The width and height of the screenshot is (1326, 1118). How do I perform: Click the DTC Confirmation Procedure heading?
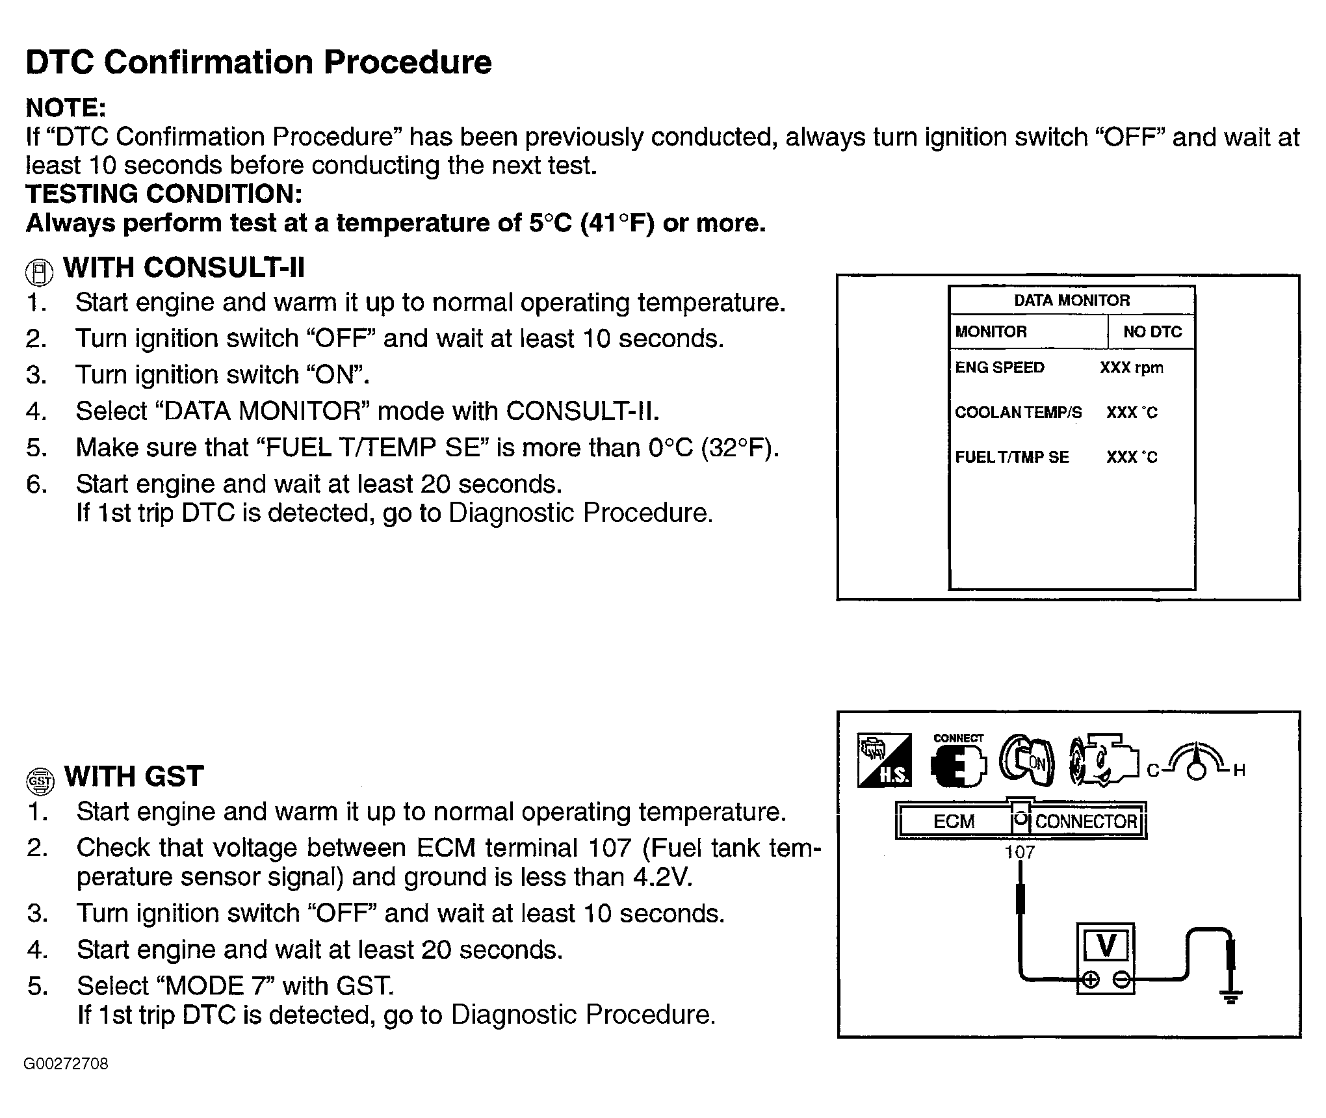[x=258, y=62]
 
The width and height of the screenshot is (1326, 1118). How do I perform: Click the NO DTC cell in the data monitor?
[x=1152, y=332]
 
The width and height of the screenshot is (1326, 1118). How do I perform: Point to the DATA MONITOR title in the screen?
[x=1071, y=300]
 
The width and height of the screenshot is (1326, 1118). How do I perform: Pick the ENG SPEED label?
[x=999, y=368]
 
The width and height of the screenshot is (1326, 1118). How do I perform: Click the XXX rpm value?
[x=1131, y=368]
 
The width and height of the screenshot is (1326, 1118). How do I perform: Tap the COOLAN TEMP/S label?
[x=1018, y=413]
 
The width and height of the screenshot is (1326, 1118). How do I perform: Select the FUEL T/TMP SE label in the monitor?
[x=1011, y=458]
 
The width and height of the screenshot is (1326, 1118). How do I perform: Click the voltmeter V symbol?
[x=1106, y=946]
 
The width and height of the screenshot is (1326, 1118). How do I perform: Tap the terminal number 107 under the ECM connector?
[x=1019, y=852]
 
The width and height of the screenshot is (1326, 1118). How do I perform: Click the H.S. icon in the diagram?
[x=885, y=760]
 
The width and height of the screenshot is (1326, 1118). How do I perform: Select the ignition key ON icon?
[x=1026, y=761]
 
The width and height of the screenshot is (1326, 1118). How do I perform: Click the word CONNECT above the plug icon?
[x=958, y=738]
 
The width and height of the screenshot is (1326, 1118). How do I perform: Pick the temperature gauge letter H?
[x=1239, y=771]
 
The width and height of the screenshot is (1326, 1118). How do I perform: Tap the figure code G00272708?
[x=66, y=1064]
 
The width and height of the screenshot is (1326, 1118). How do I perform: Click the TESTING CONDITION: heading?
[x=164, y=194]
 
